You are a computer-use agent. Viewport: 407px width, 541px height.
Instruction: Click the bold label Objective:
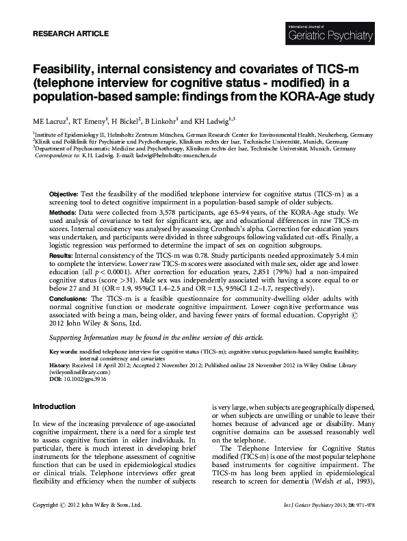tap(64, 194)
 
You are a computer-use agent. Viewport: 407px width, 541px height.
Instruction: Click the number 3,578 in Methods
tap(161, 214)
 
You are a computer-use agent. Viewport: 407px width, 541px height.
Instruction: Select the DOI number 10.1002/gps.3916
tap(86, 378)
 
